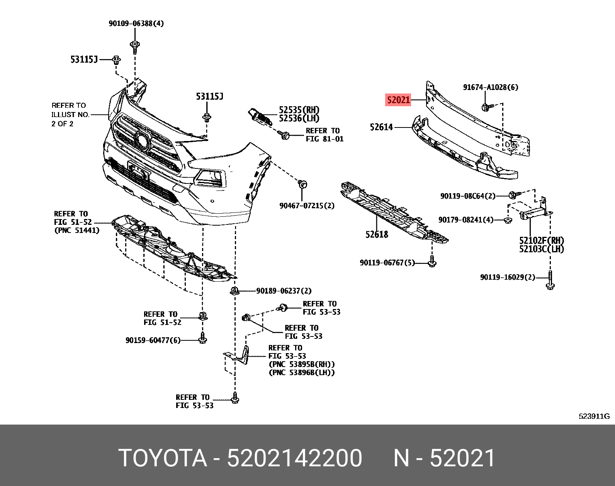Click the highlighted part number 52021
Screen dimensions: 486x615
point(398,100)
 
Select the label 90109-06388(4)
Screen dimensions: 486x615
point(136,24)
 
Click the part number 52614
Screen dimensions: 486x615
point(381,127)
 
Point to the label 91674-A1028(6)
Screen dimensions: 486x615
point(491,87)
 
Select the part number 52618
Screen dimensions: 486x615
point(377,234)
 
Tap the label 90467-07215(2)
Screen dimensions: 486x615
point(307,206)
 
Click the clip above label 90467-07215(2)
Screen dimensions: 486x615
point(302,184)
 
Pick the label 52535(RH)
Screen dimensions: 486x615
point(299,110)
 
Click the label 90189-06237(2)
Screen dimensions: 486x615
point(284,291)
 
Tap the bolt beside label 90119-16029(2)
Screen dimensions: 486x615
point(550,281)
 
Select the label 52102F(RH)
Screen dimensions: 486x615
point(541,240)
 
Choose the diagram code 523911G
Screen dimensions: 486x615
point(594,416)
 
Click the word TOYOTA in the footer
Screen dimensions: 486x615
point(163,458)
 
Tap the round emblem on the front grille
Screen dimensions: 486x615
point(143,140)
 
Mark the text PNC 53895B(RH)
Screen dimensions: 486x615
point(302,364)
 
